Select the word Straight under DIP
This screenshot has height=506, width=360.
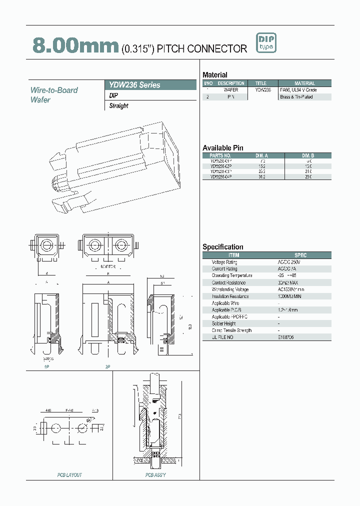(x=119, y=106)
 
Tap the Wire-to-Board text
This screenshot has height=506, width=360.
(x=54, y=90)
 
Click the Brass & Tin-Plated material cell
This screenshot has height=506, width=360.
(x=296, y=97)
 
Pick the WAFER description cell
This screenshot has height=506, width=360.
(x=231, y=90)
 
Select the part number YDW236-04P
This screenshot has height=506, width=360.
(x=221, y=177)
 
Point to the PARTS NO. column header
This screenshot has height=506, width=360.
(x=221, y=155)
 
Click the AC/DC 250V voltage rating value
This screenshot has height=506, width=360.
(x=289, y=262)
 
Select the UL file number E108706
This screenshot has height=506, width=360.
(x=286, y=337)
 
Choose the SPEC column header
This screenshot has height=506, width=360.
(x=300, y=255)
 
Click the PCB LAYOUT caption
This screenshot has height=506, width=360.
(x=69, y=474)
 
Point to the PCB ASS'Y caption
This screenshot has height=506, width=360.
(x=155, y=474)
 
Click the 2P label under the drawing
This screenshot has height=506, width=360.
(x=107, y=366)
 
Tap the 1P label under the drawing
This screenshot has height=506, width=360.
(x=46, y=366)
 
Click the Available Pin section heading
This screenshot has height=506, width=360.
(x=222, y=148)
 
